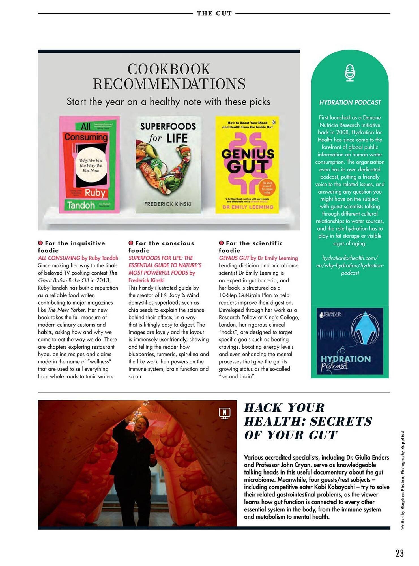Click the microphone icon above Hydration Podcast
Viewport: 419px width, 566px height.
click(x=350, y=73)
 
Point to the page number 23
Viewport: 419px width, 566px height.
click(x=399, y=553)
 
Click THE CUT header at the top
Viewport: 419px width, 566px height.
click(x=214, y=13)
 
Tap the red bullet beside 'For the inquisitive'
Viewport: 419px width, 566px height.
click(x=40, y=243)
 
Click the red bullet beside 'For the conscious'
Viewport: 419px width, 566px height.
click(x=131, y=243)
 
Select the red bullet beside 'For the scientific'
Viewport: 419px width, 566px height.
click(x=221, y=243)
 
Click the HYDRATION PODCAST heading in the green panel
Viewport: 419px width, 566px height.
click(x=350, y=102)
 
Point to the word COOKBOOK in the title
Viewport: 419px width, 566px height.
click(x=169, y=69)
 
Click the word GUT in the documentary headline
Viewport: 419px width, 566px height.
click(x=323, y=435)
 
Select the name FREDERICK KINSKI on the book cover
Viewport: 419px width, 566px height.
click(x=168, y=204)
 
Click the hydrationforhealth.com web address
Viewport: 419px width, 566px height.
click(x=350, y=265)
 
